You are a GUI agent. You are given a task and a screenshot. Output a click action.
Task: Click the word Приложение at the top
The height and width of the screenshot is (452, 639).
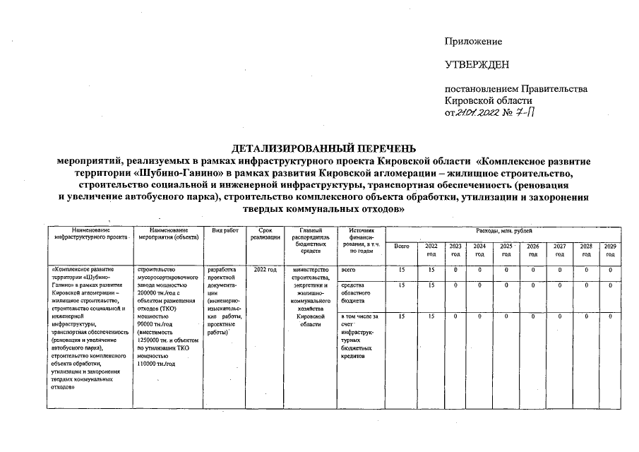tap(472, 42)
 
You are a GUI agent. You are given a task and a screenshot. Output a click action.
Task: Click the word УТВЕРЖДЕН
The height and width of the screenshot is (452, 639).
tap(477, 66)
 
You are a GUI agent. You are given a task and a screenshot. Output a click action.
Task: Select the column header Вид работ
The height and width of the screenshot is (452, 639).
tap(225, 231)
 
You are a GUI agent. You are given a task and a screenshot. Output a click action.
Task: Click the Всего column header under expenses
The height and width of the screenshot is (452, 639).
tap(402, 246)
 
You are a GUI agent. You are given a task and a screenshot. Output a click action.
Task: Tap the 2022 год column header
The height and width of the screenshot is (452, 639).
tap(431, 249)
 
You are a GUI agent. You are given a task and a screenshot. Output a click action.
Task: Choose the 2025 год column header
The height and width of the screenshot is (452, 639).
tap(506, 249)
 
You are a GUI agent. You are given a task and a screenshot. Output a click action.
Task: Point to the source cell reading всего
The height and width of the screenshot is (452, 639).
tap(347, 270)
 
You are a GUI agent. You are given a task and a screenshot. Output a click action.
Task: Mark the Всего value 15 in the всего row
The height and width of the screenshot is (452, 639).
tap(402, 270)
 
